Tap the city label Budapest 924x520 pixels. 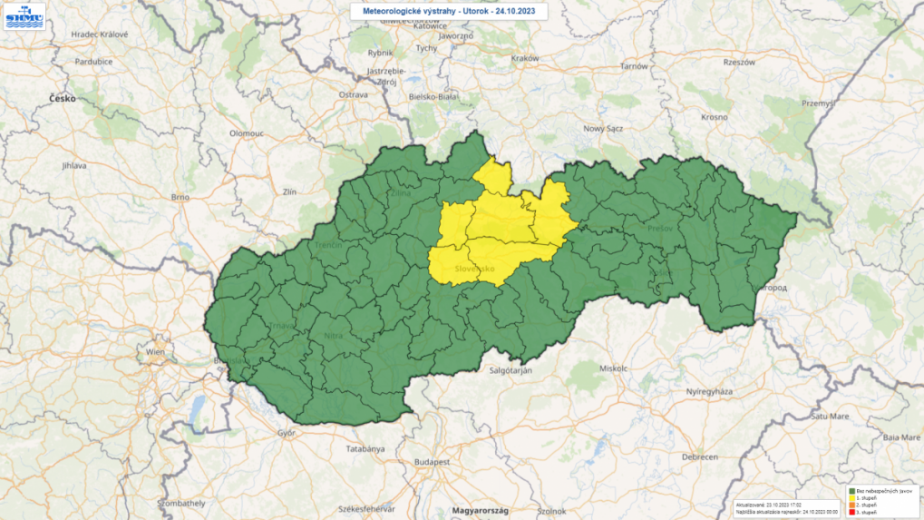tap(433, 461)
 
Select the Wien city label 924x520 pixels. tap(156, 350)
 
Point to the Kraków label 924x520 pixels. tap(525, 57)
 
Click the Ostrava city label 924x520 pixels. tap(353, 93)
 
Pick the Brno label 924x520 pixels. tap(181, 196)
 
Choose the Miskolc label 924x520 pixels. tap(614, 368)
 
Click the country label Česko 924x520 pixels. tap(62, 97)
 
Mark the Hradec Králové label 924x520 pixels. tap(100, 34)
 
